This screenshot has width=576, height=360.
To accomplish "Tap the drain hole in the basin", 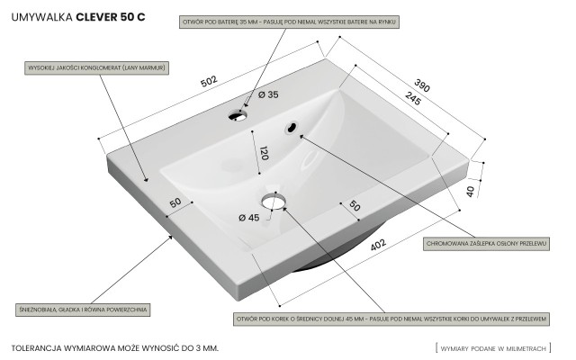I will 274,198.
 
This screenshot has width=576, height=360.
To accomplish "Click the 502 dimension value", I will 210,81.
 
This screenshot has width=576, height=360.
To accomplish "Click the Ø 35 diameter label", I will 267,95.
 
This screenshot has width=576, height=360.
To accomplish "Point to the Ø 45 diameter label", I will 248,217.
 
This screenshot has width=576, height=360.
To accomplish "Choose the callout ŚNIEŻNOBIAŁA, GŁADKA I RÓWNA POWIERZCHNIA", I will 82,309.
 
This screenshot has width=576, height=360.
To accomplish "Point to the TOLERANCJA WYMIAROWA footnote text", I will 115,346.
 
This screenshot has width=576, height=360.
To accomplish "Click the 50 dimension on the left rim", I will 175,202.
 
